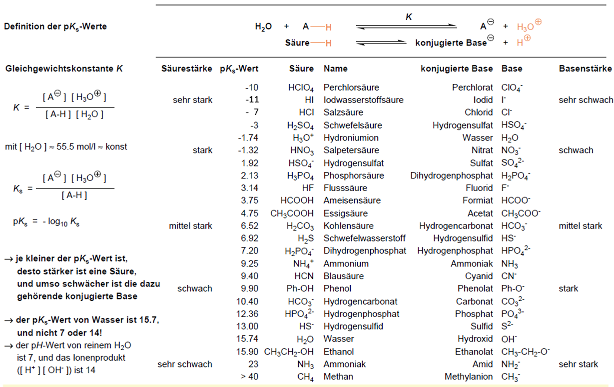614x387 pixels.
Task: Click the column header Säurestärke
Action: click(187, 68)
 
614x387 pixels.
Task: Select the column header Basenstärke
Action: click(585, 68)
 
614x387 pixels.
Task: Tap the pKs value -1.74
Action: click(248, 137)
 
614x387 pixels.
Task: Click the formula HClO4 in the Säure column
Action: click(301, 88)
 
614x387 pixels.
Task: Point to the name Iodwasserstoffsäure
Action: click(364, 100)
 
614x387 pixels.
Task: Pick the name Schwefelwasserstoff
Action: click(364, 238)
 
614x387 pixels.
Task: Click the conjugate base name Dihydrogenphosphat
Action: click(452, 175)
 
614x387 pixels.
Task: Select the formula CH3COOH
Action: click(292, 213)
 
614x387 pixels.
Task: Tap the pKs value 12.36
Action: click(247, 314)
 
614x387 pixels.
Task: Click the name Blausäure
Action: click(343, 276)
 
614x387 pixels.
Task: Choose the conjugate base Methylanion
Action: click(469, 376)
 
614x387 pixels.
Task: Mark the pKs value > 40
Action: click(249, 376)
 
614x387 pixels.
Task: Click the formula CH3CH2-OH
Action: click(289, 352)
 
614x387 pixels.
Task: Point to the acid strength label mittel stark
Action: click(190, 225)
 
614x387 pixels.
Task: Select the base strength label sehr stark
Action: click(579, 364)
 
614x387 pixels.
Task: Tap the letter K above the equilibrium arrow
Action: click(409, 17)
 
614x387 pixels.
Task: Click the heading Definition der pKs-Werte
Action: click(55, 26)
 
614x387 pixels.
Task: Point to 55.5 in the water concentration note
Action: click(65, 146)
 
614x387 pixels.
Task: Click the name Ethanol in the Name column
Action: click(339, 351)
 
